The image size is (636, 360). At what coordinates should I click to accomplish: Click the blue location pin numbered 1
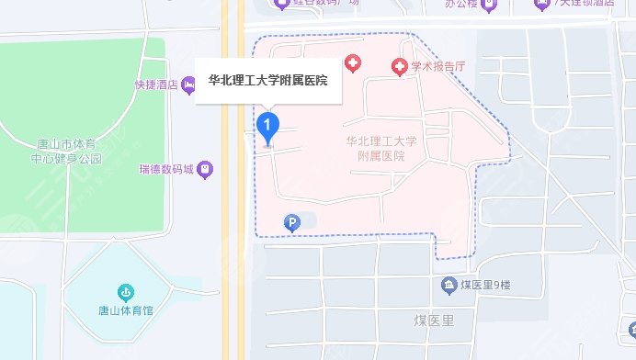[267, 126]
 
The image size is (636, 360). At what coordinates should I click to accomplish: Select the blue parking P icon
[291, 222]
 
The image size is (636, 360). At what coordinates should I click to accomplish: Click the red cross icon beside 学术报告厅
[399, 66]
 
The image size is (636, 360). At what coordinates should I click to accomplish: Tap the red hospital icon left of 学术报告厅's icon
[352, 63]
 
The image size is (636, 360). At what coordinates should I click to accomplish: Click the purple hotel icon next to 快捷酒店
[189, 85]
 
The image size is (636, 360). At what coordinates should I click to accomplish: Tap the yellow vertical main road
[233, 230]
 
